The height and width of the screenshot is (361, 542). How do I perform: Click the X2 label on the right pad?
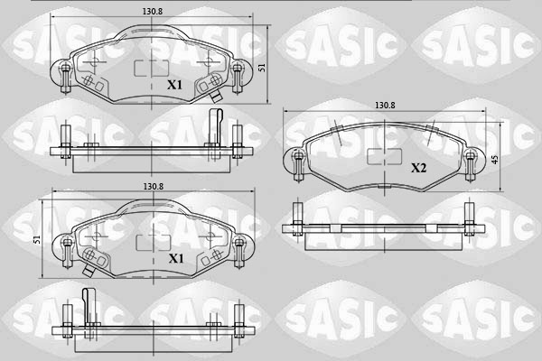[419, 168]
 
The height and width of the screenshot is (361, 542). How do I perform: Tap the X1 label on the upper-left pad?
[176, 86]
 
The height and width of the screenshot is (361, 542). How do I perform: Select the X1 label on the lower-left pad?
[176, 259]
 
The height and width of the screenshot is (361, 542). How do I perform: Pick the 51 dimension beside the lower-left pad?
[37, 239]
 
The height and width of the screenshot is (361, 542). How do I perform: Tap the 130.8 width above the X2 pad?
[385, 106]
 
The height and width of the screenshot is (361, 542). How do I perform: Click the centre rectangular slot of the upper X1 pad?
[145, 69]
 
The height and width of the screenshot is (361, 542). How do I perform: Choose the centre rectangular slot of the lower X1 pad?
[145, 242]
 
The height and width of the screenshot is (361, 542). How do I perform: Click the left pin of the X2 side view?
[296, 222]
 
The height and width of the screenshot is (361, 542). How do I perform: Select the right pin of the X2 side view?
[470, 222]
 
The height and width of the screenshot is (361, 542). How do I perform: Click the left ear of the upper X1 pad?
[62, 72]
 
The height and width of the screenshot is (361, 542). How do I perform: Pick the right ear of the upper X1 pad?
[238, 72]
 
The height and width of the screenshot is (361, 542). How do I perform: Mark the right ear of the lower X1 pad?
[238, 245]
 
